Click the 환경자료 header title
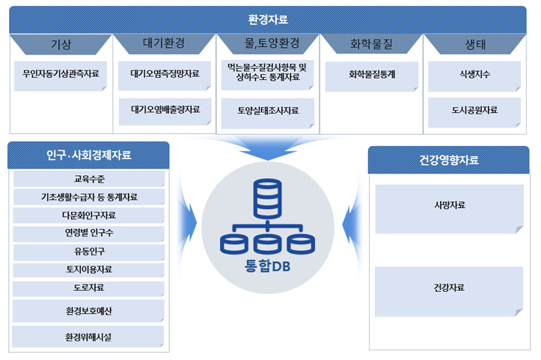click(268, 19)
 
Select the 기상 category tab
click(61, 44)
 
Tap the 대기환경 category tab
click(164, 43)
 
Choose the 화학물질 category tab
click(371, 44)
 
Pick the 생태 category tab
click(475, 44)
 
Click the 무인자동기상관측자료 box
click(61, 76)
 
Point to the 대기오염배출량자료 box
click(165, 112)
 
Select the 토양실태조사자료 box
click(268, 113)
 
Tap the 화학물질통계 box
click(372, 76)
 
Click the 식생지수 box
click(474, 76)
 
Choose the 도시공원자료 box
click(474, 112)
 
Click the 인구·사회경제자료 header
click(89, 155)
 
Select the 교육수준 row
click(89, 179)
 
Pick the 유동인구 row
click(89, 252)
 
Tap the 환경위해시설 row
click(88, 337)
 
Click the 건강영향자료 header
click(448, 160)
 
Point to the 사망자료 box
click(449, 209)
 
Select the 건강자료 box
click(449, 291)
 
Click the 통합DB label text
click(267, 266)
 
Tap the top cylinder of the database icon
click(267, 198)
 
